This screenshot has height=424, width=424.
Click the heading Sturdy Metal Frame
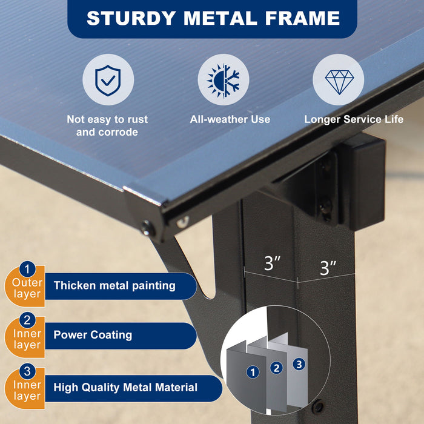pos(213,18)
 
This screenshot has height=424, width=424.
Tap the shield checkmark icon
pos(108,80)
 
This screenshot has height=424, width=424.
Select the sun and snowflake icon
pos(223,80)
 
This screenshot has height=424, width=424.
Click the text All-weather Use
pos(230,119)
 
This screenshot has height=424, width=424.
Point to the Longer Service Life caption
pos(354,119)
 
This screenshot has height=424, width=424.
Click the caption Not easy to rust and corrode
pos(107,125)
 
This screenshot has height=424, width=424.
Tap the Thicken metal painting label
pos(114,285)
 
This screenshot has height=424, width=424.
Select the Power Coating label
pos(93,334)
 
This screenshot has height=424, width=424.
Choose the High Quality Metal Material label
pos(125,387)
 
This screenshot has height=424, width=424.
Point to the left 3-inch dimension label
pos(272,264)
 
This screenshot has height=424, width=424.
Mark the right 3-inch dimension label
pos(328,267)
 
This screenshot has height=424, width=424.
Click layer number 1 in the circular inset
pos(253,372)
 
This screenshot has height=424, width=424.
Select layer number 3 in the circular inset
pos(298,364)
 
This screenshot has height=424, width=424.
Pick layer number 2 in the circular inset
pos(276,367)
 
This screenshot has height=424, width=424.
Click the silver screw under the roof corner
pos(182,222)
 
